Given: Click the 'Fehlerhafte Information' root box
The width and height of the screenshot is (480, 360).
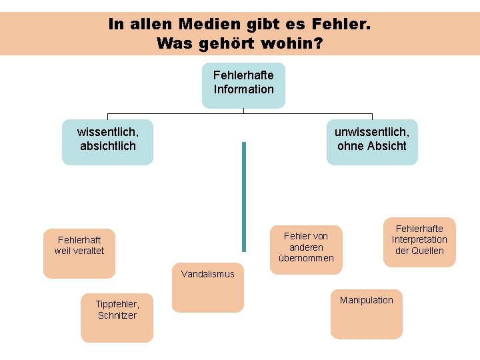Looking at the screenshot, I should click(x=243, y=85).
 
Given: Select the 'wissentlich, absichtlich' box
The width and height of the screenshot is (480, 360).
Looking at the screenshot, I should click(x=107, y=141).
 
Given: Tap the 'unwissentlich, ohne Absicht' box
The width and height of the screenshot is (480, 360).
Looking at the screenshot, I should click(x=371, y=141).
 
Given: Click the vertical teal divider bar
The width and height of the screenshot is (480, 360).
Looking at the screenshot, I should click(x=244, y=200).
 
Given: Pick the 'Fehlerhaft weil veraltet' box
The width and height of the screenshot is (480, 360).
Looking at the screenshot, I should click(x=79, y=253).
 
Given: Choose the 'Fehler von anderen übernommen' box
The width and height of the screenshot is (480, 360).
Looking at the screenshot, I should click(x=306, y=248).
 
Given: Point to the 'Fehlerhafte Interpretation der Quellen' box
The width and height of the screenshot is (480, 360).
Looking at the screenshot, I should click(x=419, y=241).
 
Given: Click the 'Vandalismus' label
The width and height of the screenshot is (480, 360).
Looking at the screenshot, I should click(x=208, y=274).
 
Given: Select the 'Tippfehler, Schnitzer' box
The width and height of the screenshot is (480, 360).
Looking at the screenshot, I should click(x=117, y=317).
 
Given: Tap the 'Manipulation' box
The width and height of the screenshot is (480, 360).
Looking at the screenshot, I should click(x=366, y=313).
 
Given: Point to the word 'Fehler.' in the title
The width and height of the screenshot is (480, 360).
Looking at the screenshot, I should click(x=341, y=25).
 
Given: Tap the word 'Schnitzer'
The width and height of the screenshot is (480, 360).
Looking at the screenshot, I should click(x=117, y=315).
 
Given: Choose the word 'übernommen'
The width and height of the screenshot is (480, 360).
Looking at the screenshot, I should click(x=306, y=258).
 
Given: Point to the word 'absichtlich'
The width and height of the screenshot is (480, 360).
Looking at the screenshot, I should click(x=107, y=145).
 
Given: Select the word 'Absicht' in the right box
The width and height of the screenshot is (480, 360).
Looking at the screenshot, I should click(x=387, y=145).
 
